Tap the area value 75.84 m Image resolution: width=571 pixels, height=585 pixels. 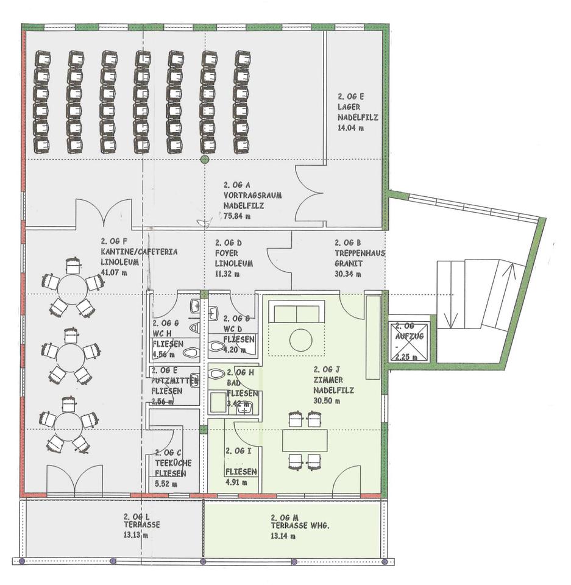(x=234, y=216)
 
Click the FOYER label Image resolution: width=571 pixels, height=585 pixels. (x=227, y=252)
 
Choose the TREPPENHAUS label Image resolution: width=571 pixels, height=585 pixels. (x=360, y=252)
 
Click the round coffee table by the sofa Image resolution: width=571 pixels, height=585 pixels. (x=300, y=339)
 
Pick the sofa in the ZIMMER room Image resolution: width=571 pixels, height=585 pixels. (x=297, y=313)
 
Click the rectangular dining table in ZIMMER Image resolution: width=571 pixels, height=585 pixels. (x=305, y=440)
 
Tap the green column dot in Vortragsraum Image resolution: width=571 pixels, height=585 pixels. (x=204, y=160)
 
